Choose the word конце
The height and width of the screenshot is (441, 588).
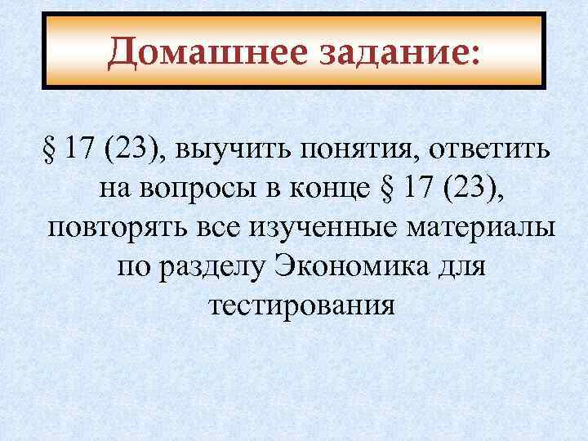[x=332, y=189]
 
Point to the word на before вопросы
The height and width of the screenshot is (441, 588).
[x=115, y=189]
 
